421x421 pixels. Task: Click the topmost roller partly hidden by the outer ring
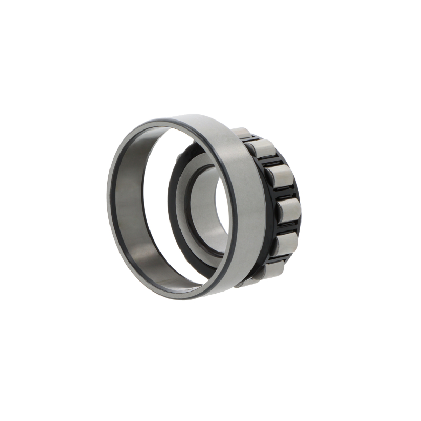[x=241, y=133]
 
